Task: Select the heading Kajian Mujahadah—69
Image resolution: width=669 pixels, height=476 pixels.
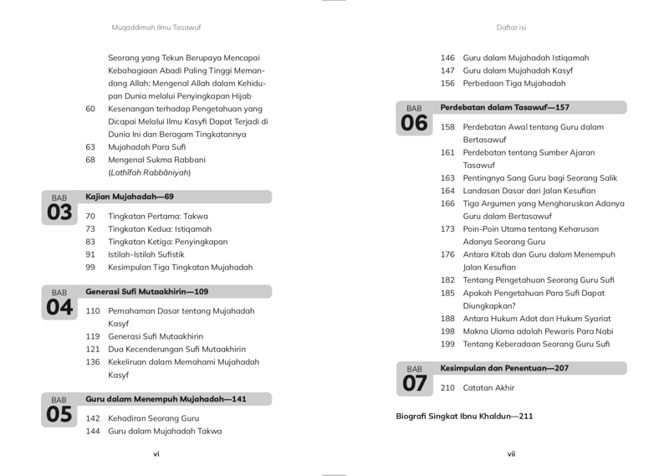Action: click(130, 197)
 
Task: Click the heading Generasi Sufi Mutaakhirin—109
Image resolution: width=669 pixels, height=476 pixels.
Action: click(146, 292)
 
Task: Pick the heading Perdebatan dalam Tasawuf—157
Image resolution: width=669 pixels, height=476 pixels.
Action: click(504, 107)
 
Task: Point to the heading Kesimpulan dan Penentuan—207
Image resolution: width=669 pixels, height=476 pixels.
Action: click(504, 368)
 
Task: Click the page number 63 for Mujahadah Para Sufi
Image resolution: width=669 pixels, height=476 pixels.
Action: click(90, 146)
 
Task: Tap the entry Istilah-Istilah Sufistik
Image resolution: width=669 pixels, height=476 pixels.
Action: click(146, 254)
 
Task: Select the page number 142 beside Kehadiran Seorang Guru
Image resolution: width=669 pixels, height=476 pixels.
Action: click(93, 418)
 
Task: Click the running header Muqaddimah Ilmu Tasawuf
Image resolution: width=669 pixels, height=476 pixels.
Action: click(156, 28)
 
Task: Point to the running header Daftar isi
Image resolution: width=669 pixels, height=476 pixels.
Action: click(511, 28)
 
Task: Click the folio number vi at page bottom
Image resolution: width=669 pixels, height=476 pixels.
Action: click(156, 453)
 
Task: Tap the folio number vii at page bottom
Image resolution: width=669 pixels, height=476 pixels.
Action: click(511, 453)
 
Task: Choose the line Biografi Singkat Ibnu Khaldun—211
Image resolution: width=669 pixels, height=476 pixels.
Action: click(464, 416)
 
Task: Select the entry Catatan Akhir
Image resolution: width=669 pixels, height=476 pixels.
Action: click(488, 387)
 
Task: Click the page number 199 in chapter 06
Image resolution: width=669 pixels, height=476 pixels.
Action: click(447, 344)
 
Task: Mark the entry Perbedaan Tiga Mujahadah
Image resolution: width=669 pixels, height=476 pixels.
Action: click(513, 83)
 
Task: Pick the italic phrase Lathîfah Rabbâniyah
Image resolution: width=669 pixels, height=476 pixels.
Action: click(150, 172)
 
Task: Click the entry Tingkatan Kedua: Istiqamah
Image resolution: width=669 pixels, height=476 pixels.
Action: click(160, 228)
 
